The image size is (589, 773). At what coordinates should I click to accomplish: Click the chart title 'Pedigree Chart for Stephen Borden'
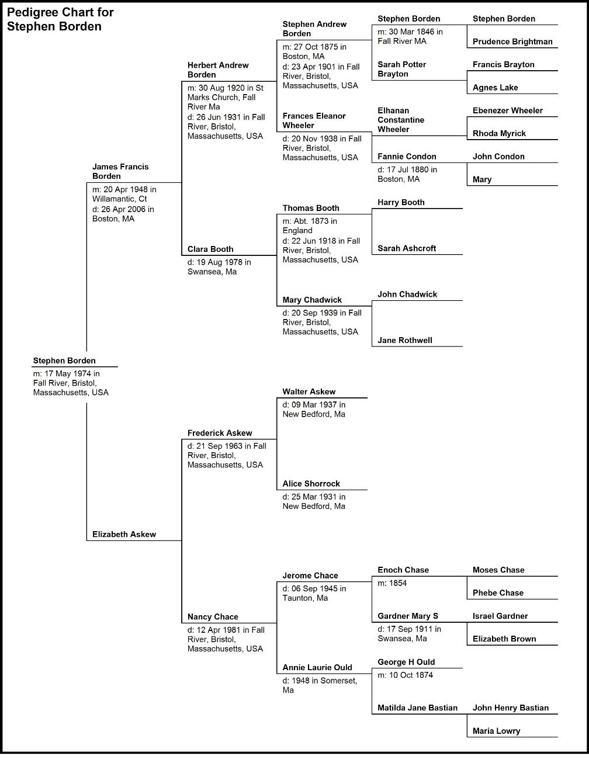coord(60,19)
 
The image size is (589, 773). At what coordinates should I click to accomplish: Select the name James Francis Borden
coord(120,171)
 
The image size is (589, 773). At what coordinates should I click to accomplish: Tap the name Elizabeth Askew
coord(124,534)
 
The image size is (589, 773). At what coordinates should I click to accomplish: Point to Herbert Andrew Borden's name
coord(218,70)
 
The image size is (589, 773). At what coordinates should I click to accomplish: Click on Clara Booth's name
coord(210,249)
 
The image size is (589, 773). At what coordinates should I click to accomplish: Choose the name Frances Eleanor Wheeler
coord(314,120)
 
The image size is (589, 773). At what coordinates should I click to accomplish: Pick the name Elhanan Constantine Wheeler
coord(401,120)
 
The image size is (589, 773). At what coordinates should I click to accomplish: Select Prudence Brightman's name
coord(512,41)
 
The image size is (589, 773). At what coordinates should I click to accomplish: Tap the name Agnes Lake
coord(495,87)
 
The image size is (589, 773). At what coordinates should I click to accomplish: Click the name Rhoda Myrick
coord(499,133)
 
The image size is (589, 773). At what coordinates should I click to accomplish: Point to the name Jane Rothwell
coord(405,340)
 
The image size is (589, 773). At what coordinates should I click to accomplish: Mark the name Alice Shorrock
coord(311,484)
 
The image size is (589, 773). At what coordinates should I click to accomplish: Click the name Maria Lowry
coord(496,731)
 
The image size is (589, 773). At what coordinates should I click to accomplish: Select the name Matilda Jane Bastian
coord(418,708)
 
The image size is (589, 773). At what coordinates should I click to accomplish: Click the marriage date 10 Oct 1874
coord(411,675)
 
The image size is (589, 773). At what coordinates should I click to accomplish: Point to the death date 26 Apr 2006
coord(123,209)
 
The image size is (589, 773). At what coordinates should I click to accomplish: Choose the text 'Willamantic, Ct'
coord(119,199)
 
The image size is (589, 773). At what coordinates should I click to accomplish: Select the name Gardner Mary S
coord(408,616)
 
